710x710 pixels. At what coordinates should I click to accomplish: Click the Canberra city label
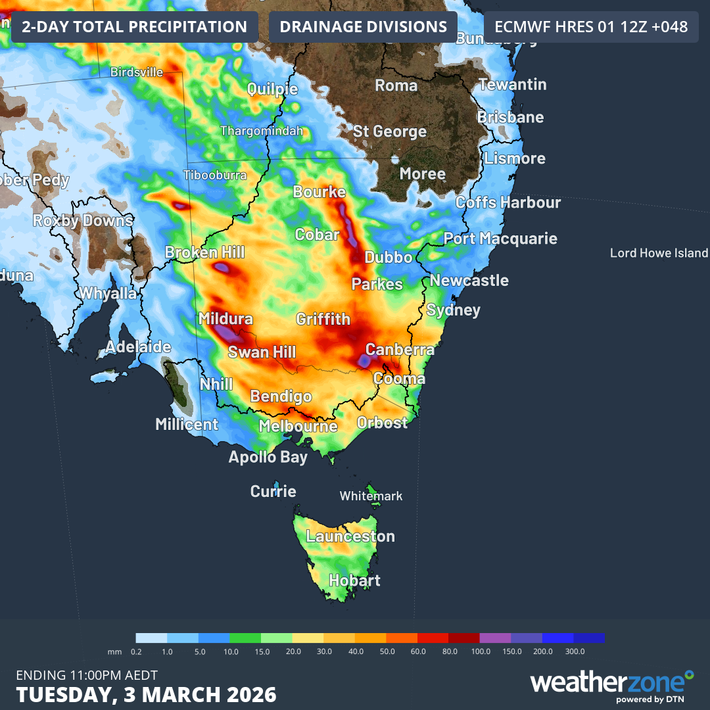(400, 349)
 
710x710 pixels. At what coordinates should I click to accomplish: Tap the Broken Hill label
(204, 252)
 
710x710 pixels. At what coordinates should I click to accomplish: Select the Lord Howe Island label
(659, 253)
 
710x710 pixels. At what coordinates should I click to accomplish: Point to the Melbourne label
(298, 426)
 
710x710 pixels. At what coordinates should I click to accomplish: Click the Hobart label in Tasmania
(354, 580)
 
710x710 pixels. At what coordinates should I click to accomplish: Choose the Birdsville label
(137, 72)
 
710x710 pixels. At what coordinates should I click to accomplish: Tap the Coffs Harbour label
(508, 202)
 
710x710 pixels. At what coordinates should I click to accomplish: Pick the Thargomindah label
(261, 131)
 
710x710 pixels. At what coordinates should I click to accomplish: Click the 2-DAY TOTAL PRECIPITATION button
(134, 27)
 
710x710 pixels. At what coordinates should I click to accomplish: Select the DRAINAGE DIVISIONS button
(363, 27)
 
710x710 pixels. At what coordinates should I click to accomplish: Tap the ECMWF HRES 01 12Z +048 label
(591, 27)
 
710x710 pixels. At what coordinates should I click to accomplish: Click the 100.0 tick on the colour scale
(481, 651)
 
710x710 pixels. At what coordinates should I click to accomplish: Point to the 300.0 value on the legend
(575, 651)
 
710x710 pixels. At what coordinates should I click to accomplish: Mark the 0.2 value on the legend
(136, 651)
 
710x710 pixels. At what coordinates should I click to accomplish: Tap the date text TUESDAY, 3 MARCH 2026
(146, 695)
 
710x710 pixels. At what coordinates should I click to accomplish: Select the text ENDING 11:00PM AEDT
(86, 675)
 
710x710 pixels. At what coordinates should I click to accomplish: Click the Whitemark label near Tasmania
(371, 496)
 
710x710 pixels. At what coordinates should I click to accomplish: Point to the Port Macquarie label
(500, 238)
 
